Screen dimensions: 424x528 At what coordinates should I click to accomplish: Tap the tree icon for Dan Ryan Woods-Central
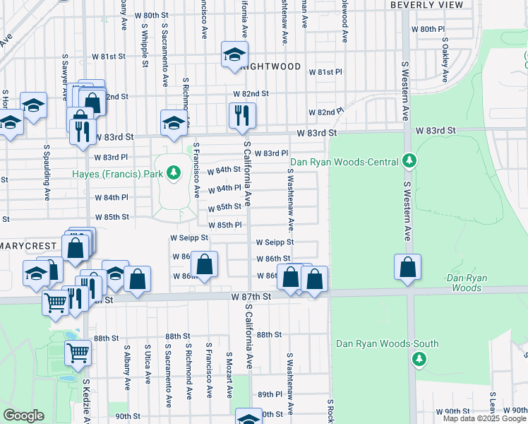tap(408, 162)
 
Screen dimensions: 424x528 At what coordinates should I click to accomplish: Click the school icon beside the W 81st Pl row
tap(234, 54)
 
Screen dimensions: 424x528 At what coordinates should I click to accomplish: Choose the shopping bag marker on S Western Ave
tap(407, 268)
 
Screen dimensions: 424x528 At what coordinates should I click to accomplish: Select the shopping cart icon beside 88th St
tap(78, 352)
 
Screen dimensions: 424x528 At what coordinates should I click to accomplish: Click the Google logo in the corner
tap(23, 416)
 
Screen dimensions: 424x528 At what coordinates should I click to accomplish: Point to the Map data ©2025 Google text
tap(485, 418)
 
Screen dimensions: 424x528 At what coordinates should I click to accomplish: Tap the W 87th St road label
tap(251, 298)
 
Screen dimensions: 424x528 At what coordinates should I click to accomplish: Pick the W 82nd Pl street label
tap(325, 112)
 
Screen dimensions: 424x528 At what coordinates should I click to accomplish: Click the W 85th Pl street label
tap(226, 225)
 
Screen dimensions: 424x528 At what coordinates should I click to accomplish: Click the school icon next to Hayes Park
tap(174, 122)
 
